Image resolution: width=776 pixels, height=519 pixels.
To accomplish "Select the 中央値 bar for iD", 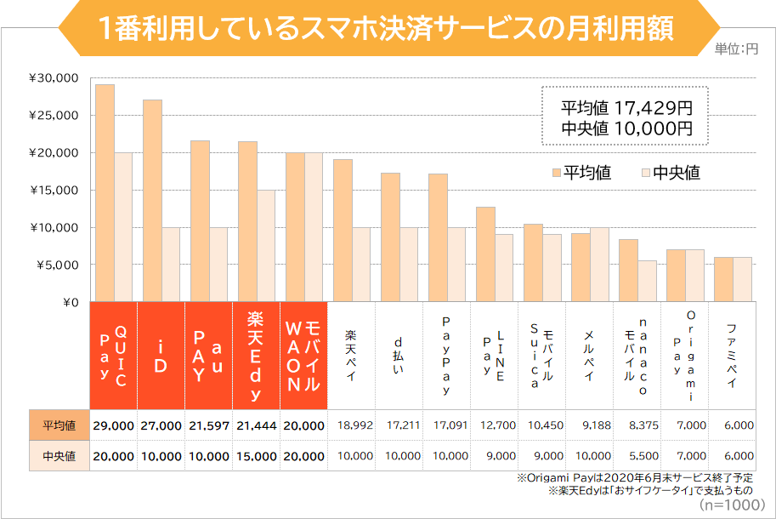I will [171, 265].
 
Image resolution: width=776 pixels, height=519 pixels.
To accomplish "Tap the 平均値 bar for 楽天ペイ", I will [343, 231].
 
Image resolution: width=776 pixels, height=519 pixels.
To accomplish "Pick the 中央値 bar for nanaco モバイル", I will [647, 281].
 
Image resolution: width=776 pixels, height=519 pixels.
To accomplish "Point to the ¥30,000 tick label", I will [54, 78].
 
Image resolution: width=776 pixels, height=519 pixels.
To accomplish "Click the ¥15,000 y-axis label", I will [54, 191].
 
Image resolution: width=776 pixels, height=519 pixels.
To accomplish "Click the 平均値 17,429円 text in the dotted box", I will [626, 108].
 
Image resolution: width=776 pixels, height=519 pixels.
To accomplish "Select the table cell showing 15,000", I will [254, 456].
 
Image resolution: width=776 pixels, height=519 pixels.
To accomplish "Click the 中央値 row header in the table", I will [59, 456].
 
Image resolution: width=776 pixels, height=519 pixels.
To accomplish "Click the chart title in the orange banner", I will [387, 28].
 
